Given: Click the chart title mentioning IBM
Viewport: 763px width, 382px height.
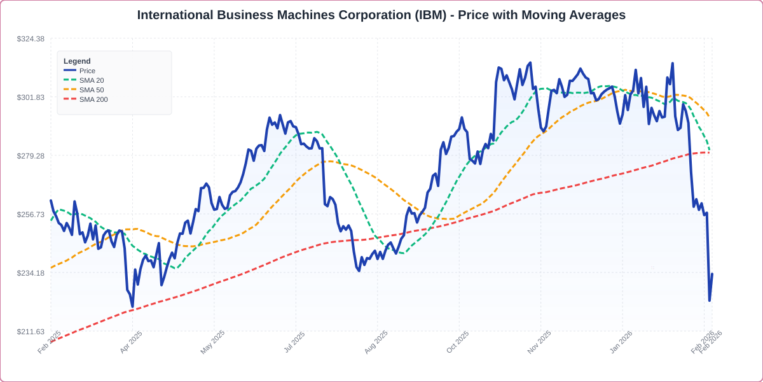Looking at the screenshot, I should point(381,15).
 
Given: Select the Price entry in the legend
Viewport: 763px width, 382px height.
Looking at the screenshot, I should point(87,71).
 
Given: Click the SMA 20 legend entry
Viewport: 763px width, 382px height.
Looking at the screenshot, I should point(91,80).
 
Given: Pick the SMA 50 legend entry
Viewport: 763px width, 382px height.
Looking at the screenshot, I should point(91,90).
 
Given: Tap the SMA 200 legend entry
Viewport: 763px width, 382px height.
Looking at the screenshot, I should point(93,99).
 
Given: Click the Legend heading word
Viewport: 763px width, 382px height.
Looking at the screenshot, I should point(77,61).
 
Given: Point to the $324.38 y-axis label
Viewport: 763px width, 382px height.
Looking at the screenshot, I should point(31,39).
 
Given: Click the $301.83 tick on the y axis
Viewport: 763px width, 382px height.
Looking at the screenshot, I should point(31,97).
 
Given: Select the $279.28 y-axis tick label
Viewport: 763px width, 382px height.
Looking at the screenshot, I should point(31,156).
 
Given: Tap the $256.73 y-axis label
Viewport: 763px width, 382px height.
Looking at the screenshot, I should point(31,215).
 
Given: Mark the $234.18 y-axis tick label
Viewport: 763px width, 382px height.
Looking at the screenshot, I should point(31,273).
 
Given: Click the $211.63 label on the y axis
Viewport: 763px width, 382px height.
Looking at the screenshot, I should point(31,332).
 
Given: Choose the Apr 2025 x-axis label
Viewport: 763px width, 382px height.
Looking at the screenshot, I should point(130,343).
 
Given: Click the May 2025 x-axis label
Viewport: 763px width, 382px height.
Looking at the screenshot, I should point(212,343).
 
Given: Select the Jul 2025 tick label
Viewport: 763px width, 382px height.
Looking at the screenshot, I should point(294,343).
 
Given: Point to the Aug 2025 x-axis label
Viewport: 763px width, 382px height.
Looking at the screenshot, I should point(375,343).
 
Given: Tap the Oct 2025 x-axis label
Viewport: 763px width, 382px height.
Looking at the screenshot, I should point(457,343).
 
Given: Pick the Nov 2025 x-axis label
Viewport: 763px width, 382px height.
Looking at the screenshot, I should point(539,343).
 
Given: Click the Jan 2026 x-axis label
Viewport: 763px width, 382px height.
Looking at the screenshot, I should point(620,343).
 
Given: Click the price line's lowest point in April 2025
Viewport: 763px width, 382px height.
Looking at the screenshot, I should point(132,307).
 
